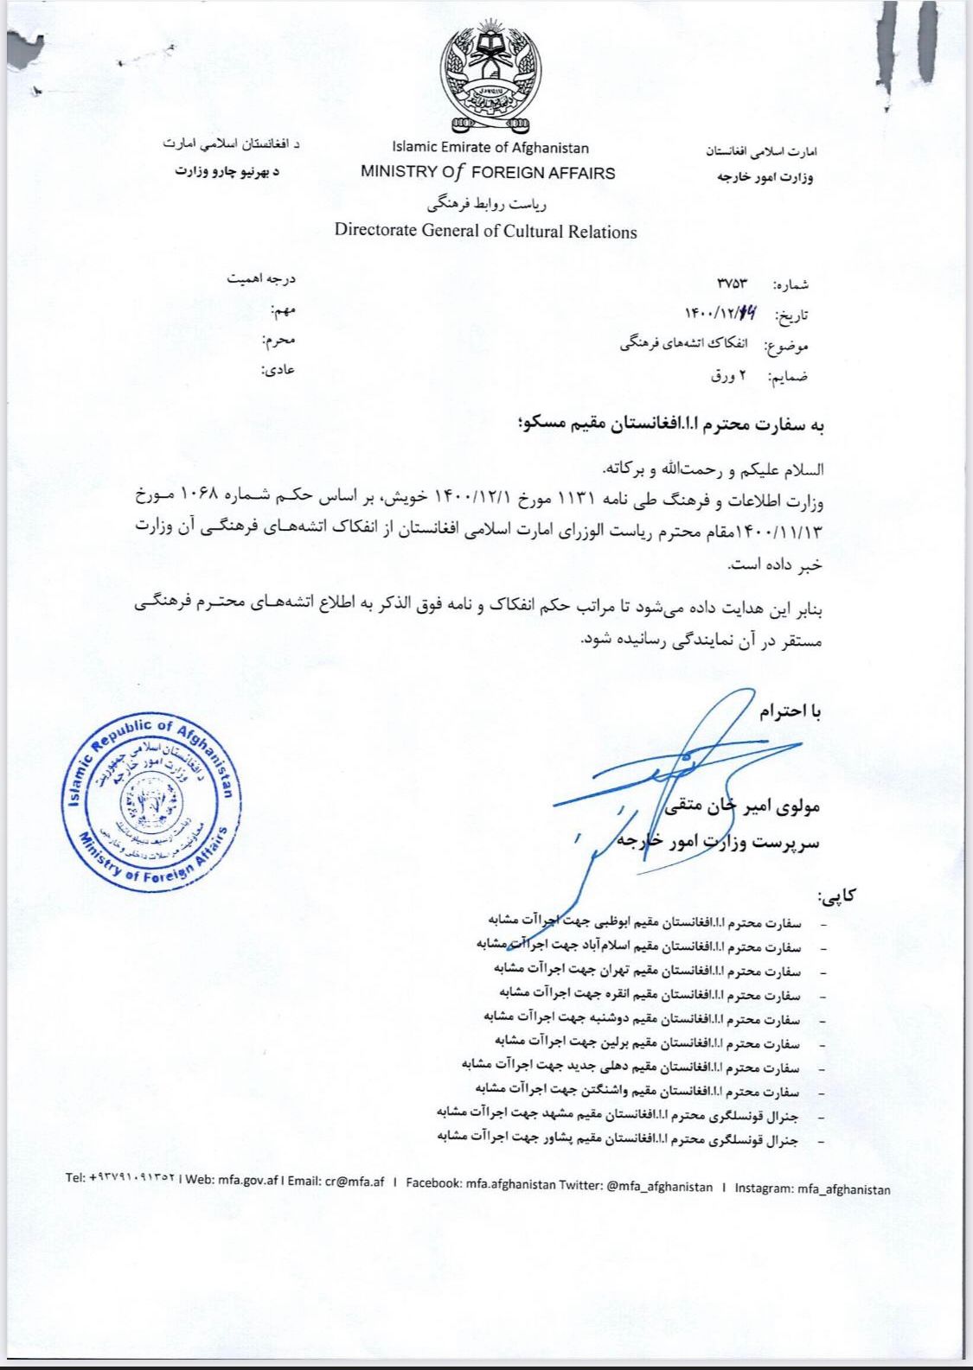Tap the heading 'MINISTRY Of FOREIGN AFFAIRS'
pyautogui.click(x=488, y=172)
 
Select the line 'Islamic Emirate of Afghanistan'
pyautogui.click(x=490, y=148)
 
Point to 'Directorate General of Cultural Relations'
pyautogui.click(x=485, y=232)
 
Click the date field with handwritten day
pyautogui.click(x=720, y=315)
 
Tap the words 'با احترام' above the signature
pyautogui.click(x=789, y=711)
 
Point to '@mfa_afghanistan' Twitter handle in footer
pyautogui.click(x=655, y=1186)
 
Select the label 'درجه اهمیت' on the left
pyautogui.click(x=261, y=280)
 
